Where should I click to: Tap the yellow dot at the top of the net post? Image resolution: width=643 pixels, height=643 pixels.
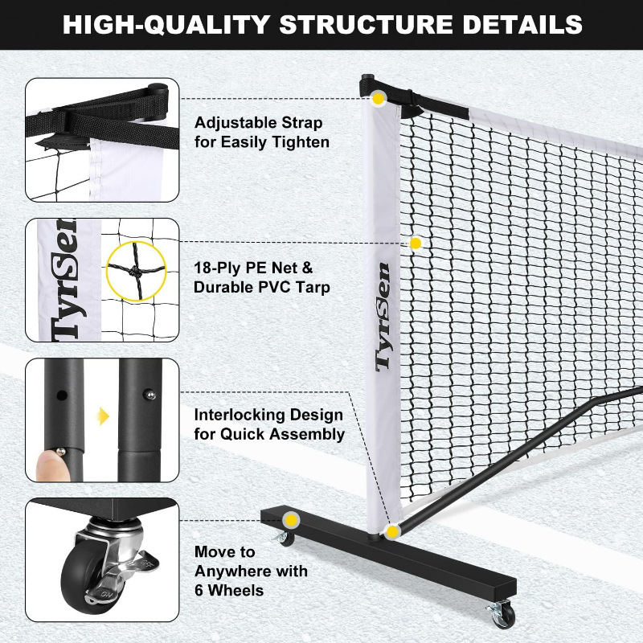click(x=378, y=98)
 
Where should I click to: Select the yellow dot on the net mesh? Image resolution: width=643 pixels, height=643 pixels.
click(x=416, y=243)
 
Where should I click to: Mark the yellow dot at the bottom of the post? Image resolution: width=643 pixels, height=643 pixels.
click(x=392, y=530)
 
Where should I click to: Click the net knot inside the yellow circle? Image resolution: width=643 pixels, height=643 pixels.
click(x=136, y=270)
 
